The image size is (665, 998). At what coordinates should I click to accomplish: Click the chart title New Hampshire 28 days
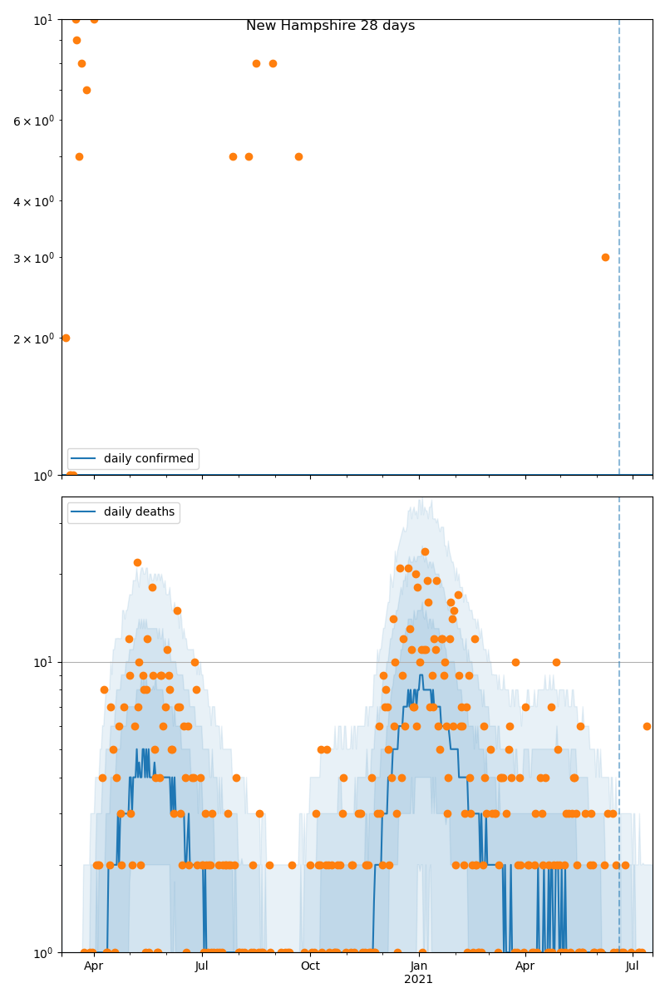tap(330, 26)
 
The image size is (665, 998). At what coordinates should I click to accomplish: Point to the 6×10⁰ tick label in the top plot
tap(33, 121)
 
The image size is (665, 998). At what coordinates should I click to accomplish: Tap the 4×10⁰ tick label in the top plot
tap(33, 201)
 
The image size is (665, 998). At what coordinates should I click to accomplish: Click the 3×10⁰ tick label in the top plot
tap(33, 258)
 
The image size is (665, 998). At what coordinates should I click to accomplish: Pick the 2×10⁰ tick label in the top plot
tap(33, 338)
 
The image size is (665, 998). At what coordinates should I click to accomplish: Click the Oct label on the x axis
tap(310, 966)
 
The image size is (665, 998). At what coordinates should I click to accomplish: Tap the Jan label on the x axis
tap(419, 966)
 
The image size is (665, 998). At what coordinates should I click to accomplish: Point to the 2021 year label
tap(419, 980)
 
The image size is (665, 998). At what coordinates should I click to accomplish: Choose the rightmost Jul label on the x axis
tap(633, 966)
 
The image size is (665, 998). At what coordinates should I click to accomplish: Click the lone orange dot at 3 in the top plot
tap(605, 257)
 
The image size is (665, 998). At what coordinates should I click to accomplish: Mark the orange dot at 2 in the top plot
tap(66, 338)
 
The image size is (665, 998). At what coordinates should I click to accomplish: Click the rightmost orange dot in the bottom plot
tap(647, 726)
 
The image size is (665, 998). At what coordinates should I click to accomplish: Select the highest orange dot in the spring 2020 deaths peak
tap(137, 562)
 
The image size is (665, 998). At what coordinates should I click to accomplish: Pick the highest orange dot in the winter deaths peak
tap(425, 551)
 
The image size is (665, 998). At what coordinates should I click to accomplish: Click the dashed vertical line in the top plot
tap(619, 249)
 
